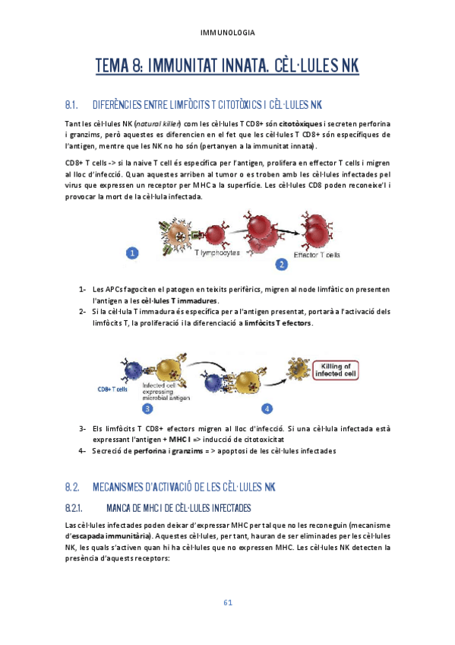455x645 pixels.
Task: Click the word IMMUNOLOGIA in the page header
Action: pyautogui.click(x=227, y=33)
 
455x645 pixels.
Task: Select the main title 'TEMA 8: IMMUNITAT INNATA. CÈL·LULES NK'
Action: pyautogui.click(x=227, y=67)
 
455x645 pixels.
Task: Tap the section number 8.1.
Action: pyautogui.click(x=73, y=104)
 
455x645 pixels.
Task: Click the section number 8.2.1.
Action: pyautogui.click(x=78, y=507)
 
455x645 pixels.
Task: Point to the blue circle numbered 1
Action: pyautogui.click(x=132, y=253)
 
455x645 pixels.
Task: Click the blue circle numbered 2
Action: pyautogui.click(x=281, y=264)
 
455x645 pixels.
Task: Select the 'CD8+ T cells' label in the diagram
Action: pyautogui.click(x=114, y=389)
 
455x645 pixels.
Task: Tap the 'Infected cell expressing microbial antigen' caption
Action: pyautogui.click(x=166, y=392)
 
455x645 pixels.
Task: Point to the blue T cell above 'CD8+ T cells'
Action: pyautogui.click(x=136, y=371)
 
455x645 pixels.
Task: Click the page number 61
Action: pyautogui.click(x=227, y=602)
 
